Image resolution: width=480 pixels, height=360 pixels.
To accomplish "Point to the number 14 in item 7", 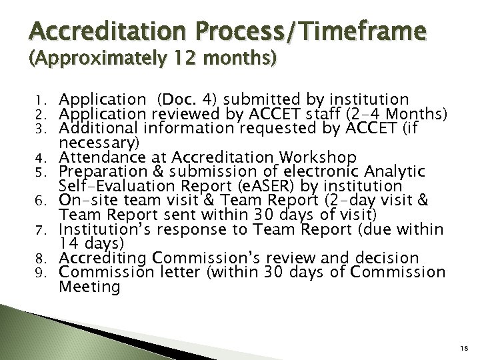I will [x=69, y=243].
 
